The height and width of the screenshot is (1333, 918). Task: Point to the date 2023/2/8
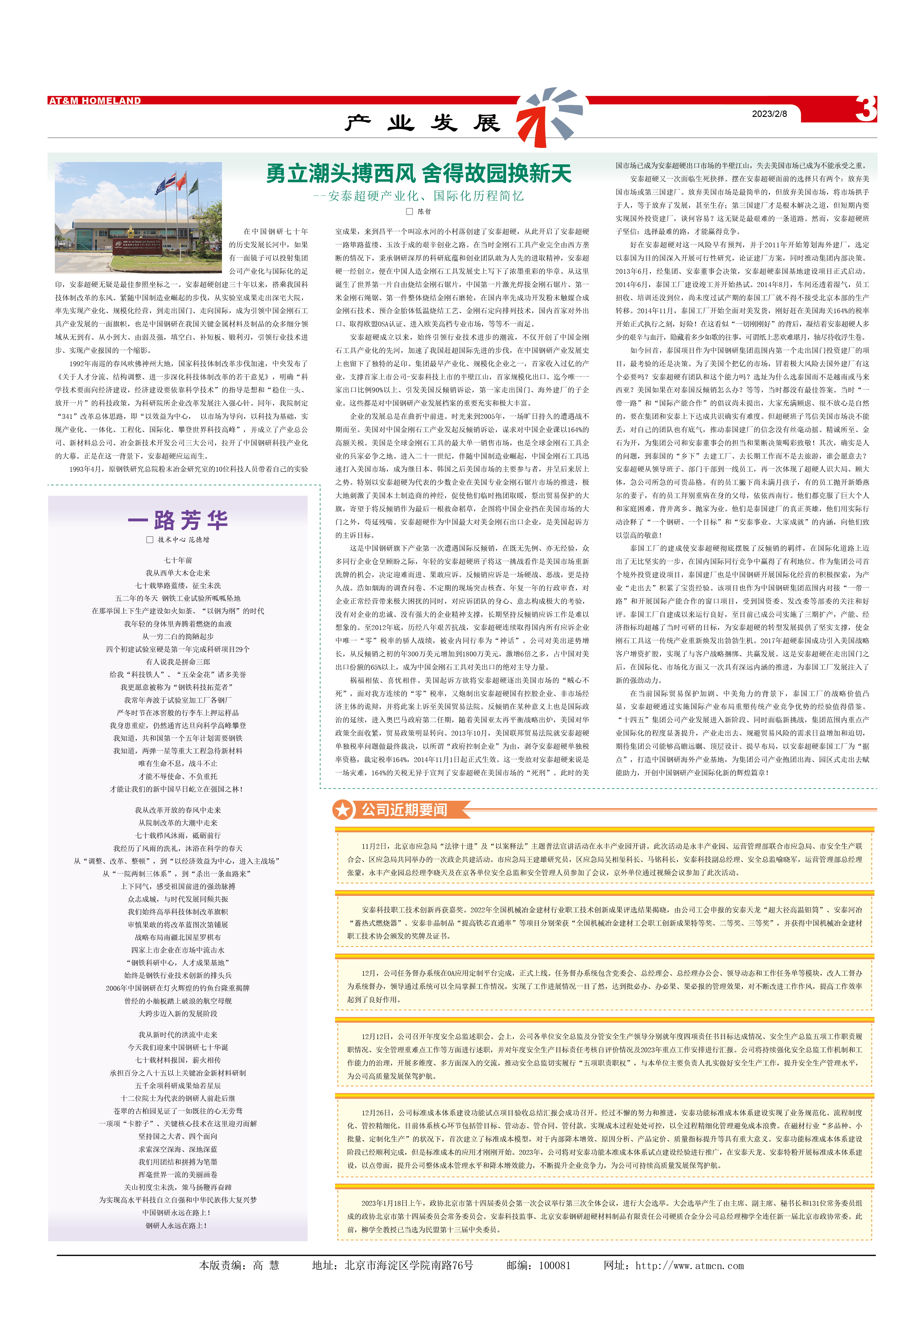[769, 114]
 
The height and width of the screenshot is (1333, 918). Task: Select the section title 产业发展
[423, 123]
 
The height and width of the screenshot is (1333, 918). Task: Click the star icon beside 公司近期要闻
[343, 810]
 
